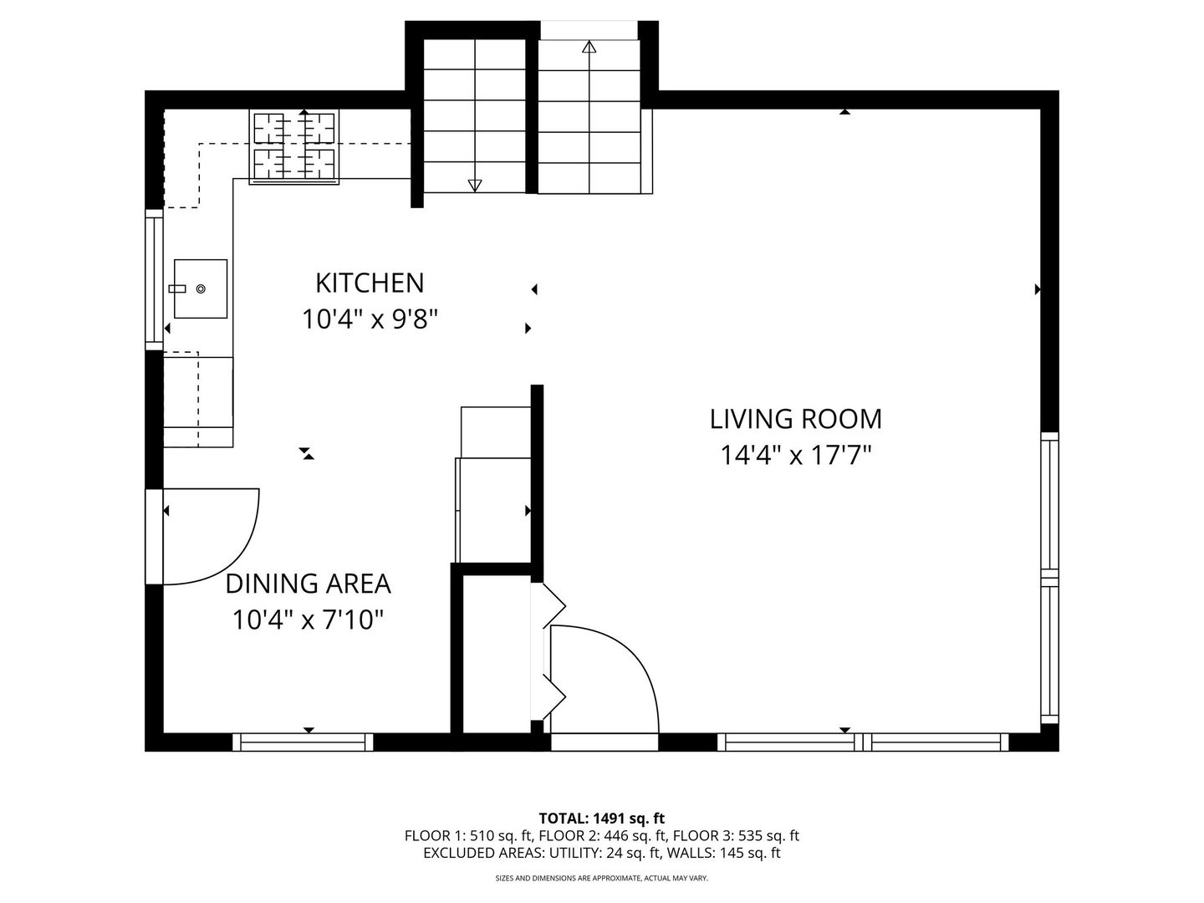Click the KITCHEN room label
(x=370, y=283)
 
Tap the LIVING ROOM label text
(x=796, y=420)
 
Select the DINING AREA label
(x=309, y=584)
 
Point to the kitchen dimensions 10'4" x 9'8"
(x=370, y=319)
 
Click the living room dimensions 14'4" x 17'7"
(x=796, y=455)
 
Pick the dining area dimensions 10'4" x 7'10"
(x=308, y=620)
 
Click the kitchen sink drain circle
(x=201, y=289)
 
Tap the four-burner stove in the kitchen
(x=294, y=146)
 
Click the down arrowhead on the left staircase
(x=474, y=186)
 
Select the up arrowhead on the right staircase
(x=589, y=47)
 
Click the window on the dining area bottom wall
(x=302, y=742)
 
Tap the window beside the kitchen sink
(x=154, y=279)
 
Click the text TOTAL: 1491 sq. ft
(x=602, y=819)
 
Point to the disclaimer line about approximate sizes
(x=602, y=878)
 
